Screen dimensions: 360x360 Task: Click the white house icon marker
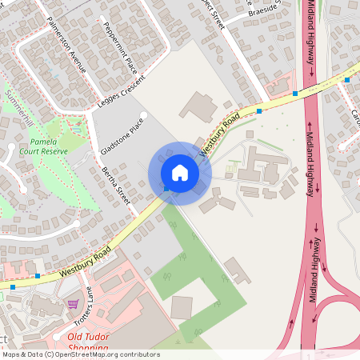[x=179, y=172]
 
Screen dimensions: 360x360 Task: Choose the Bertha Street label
[x=115, y=186]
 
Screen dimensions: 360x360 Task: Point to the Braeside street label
[x=265, y=11]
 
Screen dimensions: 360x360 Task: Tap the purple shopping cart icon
[x=73, y=304]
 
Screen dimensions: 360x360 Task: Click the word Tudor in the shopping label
[x=93, y=338]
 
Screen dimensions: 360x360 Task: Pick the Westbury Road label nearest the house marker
[x=220, y=134]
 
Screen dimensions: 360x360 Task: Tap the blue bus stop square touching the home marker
[x=166, y=189]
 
